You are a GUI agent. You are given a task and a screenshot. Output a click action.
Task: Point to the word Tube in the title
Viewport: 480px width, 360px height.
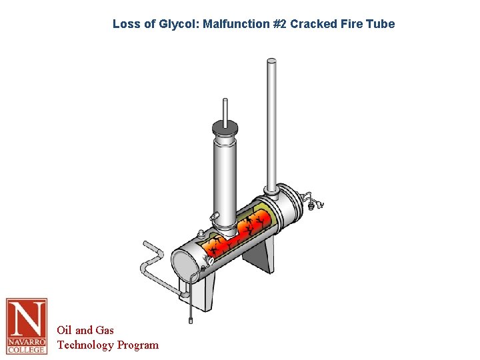click(x=381, y=24)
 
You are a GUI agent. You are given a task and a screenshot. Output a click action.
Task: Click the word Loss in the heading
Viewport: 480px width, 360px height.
click(x=125, y=24)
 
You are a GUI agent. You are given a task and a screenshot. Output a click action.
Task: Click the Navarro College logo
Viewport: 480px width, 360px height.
click(x=27, y=326)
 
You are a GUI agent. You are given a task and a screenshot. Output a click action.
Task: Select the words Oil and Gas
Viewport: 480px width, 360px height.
click(x=85, y=330)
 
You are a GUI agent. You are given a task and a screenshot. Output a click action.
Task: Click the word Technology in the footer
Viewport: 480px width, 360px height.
click(x=85, y=345)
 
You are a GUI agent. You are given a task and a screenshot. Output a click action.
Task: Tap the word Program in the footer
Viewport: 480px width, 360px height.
click(x=138, y=345)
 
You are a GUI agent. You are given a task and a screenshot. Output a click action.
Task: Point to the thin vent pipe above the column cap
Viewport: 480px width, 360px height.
click(x=225, y=108)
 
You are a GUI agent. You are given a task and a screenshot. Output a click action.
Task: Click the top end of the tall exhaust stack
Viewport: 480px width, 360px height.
click(x=271, y=62)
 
